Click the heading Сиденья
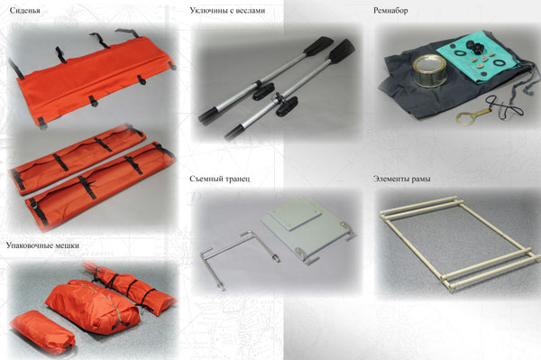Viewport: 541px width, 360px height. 25,10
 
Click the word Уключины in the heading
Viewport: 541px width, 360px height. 207,10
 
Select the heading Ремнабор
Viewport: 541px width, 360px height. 390,11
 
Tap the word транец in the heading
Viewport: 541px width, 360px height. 237,179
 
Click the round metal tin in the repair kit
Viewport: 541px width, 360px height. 430,71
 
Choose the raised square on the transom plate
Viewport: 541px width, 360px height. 296,216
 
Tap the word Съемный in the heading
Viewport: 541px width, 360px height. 206,179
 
